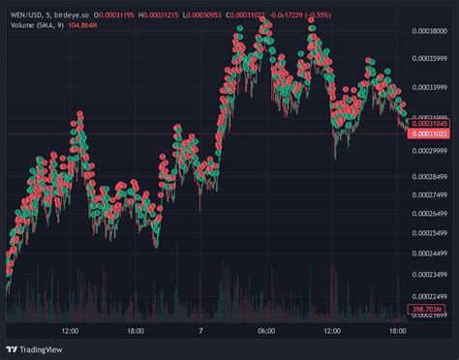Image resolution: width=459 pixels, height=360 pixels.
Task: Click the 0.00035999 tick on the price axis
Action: (432, 85)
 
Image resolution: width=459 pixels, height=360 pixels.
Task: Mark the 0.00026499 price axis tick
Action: (432, 214)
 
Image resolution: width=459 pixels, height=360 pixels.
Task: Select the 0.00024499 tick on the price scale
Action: (432, 254)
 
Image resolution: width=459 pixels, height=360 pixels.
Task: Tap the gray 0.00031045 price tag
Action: (432, 124)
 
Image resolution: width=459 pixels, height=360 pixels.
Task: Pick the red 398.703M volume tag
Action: (432, 310)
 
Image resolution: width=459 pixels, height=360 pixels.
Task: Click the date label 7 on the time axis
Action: (200, 331)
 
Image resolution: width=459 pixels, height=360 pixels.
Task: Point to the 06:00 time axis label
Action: (267, 331)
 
